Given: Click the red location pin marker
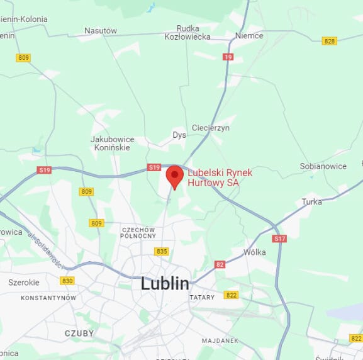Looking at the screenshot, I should coord(174,176).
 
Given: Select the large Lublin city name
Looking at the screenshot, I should coord(165,283).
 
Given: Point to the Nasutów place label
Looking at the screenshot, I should coord(101,30).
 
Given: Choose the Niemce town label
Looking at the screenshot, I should coord(249,35).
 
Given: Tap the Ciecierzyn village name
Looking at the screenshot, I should coord(211,127).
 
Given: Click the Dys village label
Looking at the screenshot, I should coord(179,135).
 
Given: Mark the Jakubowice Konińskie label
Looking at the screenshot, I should coord(112,143).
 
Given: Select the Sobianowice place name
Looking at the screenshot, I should coord(323,166).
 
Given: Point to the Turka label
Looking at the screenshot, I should coord(311,201).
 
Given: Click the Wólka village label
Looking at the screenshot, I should coord(254,252).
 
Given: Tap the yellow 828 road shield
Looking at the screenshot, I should coord(329,41).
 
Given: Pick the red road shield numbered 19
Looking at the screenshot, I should coord(228,57).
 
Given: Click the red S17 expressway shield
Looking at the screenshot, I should coord(279,239).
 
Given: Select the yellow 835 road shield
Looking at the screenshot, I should coord(162,251).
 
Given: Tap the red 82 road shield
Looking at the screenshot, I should coord(220,264).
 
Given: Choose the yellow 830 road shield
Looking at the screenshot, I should coord(67,281).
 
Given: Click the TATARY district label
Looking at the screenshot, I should coord(202,297).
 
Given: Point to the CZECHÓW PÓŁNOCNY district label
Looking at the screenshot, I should coord(138,233).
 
